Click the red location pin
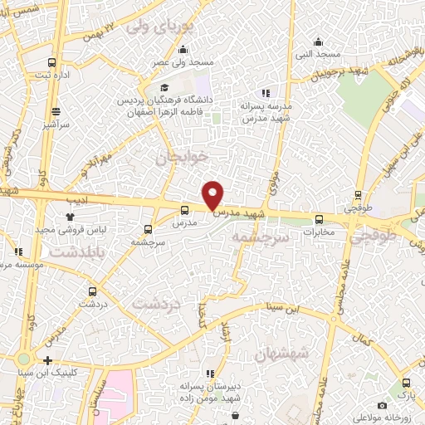coord(213,194)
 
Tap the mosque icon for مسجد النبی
coord(318,42)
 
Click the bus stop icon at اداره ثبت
coord(52,63)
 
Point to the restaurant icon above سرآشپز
coord(56,111)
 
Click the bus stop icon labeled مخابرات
coord(320,220)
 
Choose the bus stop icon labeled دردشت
coord(92,292)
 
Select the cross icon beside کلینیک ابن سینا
coord(48,360)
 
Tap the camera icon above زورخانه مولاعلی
coord(381,405)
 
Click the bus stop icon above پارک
coord(406,383)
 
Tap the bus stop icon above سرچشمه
coord(148,229)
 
